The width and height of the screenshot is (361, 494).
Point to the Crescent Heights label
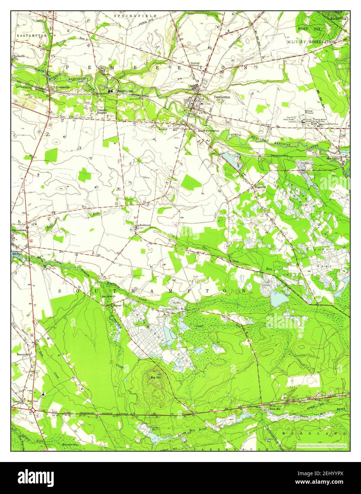(x=102, y=112)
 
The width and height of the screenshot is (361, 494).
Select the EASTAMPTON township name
(x=31, y=36)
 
